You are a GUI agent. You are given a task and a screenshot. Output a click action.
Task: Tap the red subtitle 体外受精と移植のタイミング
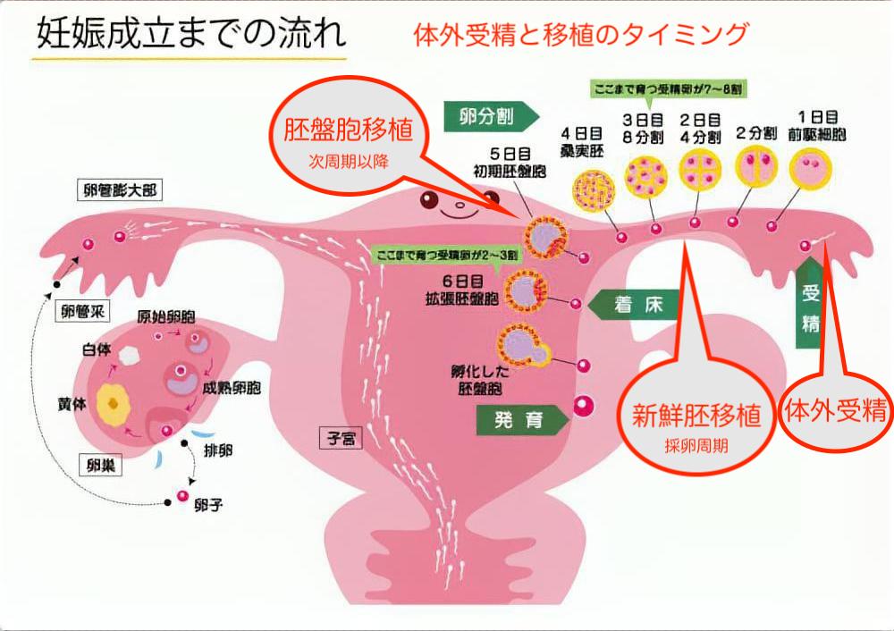pos(580,35)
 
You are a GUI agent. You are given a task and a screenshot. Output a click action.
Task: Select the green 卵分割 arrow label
pos(491,115)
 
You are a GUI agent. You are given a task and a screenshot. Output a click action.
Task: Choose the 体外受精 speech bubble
pos(836,412)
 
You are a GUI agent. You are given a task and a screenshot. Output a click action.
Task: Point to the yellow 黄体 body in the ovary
pos(114,404)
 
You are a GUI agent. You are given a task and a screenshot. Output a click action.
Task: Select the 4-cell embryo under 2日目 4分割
pos(699,170)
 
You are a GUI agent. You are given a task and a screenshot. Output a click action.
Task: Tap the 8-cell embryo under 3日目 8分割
pos(646,176)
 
